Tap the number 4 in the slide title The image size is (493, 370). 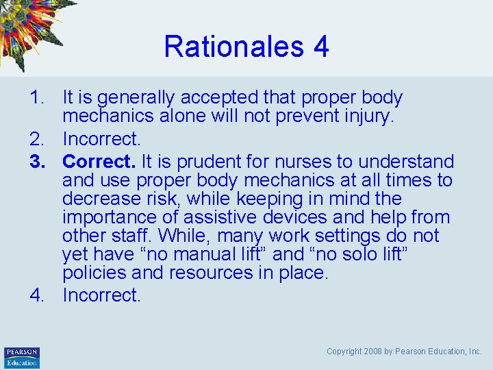click(x=321, y=47)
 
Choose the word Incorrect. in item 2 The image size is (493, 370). click(x=101, y=140)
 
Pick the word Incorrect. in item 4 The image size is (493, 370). click(x=101, y=296)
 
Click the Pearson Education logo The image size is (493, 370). click(x=22, y=356)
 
